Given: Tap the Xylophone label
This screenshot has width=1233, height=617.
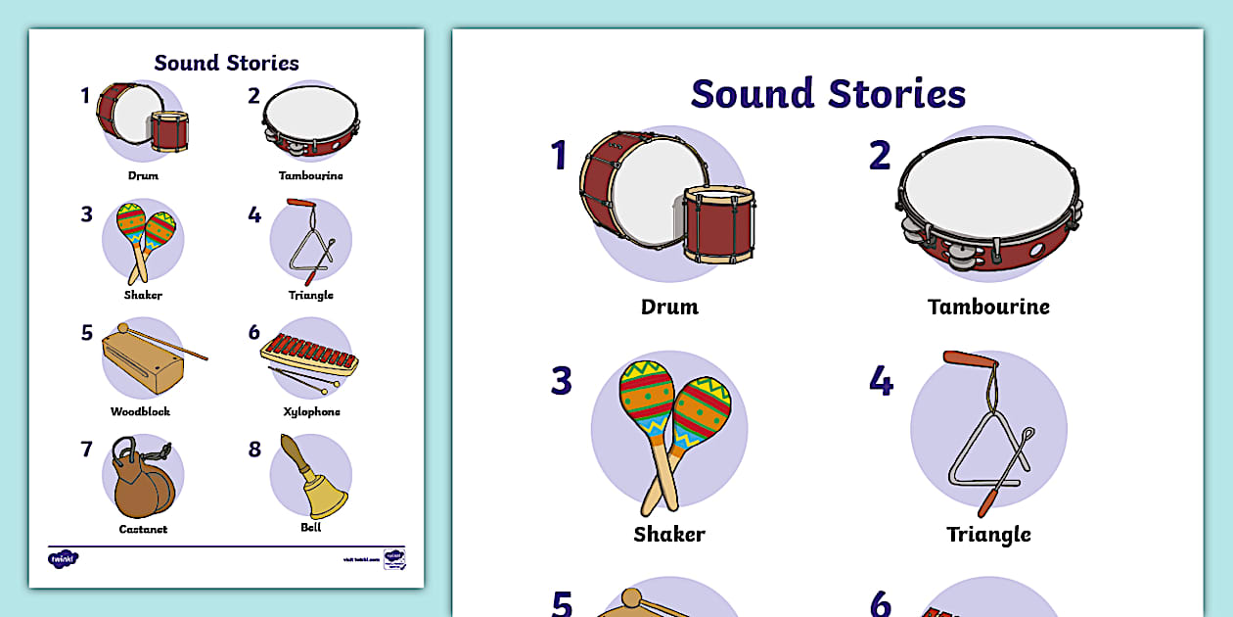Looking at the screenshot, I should click(x=311, y=411).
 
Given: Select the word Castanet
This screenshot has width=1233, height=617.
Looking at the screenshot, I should click(x=143, y=529).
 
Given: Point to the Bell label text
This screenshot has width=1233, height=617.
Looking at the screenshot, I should click(x=311, y=528).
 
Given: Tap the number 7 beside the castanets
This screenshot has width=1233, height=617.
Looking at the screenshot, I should click(x=86, y=450).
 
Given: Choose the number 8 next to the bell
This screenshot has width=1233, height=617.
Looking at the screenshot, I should click(x=254, y=450).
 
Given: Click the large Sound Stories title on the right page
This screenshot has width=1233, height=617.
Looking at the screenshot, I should click(x=828, y=94).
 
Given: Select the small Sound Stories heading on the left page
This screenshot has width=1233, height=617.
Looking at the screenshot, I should click(x=226, y=63).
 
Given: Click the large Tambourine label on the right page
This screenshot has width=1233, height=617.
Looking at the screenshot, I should click(x=988, y=307).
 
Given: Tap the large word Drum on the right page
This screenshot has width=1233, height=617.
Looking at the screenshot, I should click(x=669, y=307).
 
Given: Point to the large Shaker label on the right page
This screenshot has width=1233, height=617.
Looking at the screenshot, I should click(x=669, y=534).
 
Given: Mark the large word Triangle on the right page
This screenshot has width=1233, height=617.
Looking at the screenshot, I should click(x=988, y=534).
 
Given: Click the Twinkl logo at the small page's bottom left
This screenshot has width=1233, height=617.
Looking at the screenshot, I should click(x=63, y=558).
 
